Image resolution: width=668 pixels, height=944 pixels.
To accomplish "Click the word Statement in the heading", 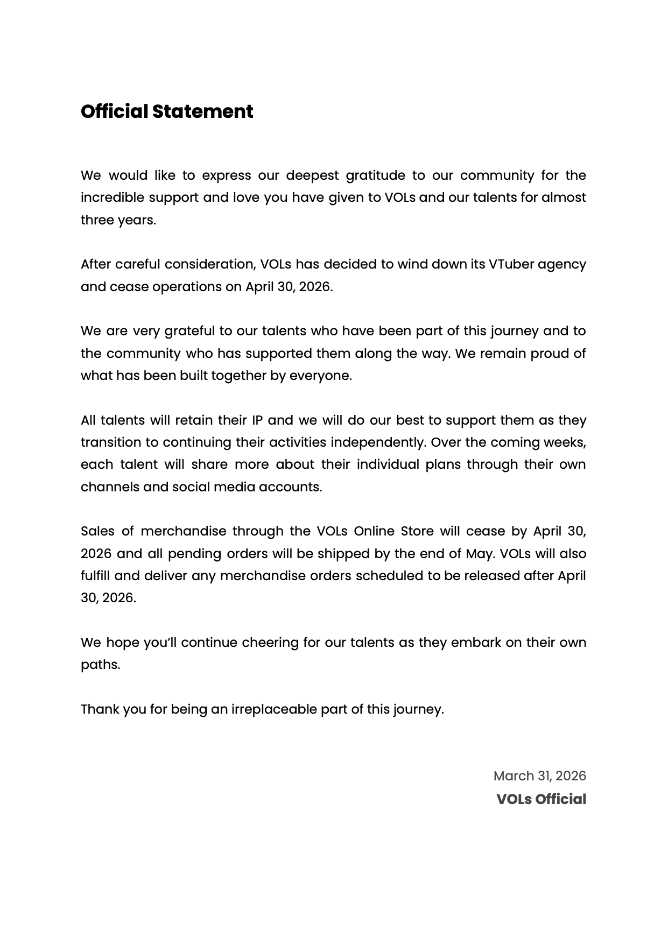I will [x=202, y=111].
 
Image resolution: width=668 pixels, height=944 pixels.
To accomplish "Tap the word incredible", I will [x=112, y=198].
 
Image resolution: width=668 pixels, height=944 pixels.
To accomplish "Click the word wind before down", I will [x=410, y=264].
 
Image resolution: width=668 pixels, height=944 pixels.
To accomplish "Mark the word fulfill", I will [x=95, y=576].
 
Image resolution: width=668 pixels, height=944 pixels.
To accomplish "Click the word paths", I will [x=100, y=665].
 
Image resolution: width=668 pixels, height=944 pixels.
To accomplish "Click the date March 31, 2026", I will [x=539, y=776].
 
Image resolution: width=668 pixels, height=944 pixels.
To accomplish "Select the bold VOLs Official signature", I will [x=541, y=799].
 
